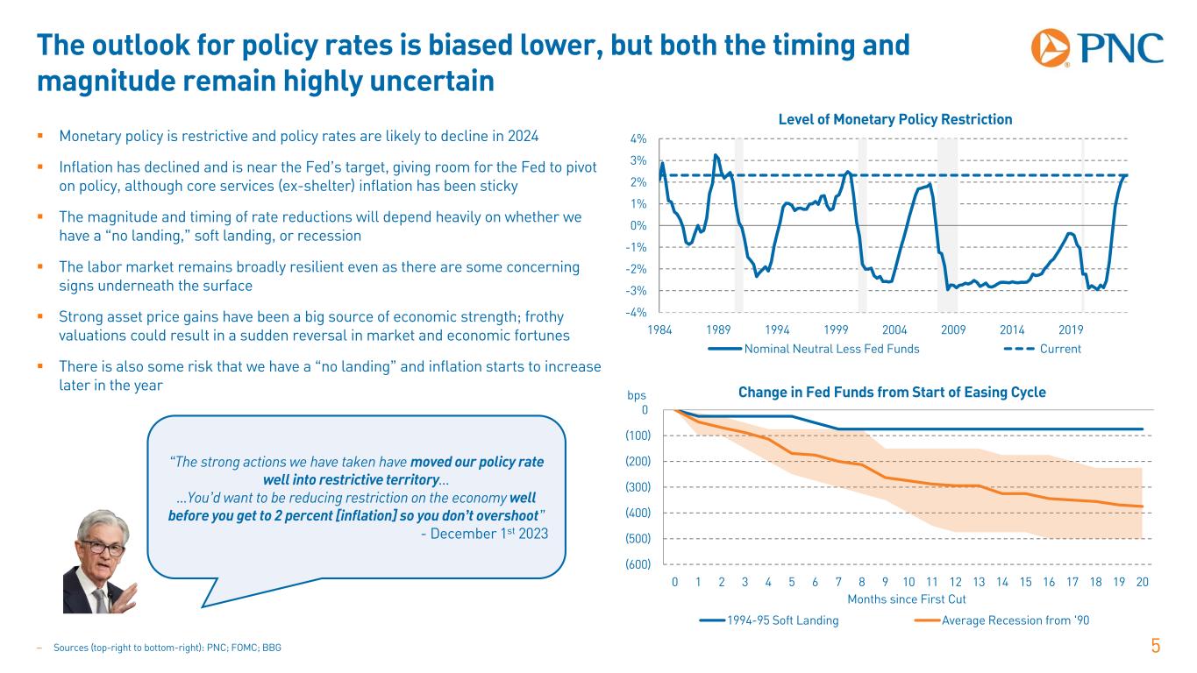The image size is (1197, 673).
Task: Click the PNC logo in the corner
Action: tap(1097, 47)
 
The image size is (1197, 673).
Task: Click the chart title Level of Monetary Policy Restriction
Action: tap(895, 119)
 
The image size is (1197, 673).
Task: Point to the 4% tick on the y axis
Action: tap(638, 138)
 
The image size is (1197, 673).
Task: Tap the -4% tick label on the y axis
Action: tap(638, 312)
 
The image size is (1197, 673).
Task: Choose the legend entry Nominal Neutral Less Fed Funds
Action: tap(813, 349)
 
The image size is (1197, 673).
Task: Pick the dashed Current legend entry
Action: tap(1043, 349)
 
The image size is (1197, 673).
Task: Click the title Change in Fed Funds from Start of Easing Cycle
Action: tap(892, 393)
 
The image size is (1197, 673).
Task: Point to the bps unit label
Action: tap(636, 396)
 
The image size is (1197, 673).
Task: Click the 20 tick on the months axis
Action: tap(1142, 583)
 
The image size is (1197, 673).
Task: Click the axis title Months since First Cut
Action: tap(907, 599)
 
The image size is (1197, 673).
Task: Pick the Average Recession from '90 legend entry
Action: tap(1002, 620)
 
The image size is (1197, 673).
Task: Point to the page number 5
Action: tap(1156, 647)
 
